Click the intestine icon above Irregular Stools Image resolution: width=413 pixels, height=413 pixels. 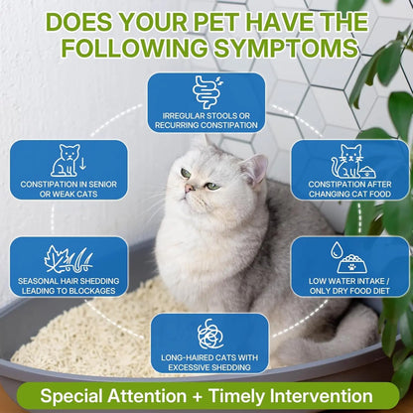tap(206, 91)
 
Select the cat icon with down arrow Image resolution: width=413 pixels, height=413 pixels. tap(68, 161)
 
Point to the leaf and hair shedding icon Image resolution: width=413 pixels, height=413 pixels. tap(68, 259)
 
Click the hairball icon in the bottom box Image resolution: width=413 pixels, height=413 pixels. tap(209, 334)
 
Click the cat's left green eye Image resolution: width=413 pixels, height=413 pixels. tap(185, 174)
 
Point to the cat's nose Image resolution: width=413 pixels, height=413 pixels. tap(192, 188)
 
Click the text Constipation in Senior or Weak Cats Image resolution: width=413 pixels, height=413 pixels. tap(69, 187)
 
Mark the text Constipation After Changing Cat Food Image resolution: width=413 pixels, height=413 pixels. tap(350, 187)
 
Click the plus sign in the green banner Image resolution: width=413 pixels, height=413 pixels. tap(198, 396)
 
